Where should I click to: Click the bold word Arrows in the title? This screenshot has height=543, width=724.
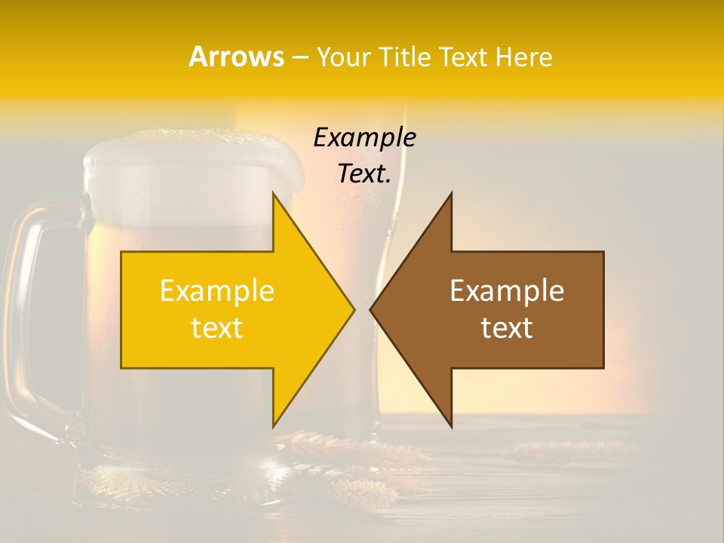pyautogui.click(x=236, y=57)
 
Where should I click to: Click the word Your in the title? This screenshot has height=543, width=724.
pyautogui.click(x=344, y=57)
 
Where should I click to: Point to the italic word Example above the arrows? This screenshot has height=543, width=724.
pyautogui.click(x=364, y=137)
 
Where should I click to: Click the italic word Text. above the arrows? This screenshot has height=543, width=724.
pyautogui.click(x=364, y=173)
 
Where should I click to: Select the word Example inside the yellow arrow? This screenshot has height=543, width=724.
pyautogui.click(x=217, y=291)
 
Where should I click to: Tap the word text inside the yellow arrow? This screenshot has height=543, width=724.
pyautogui.click(x=217, y=328)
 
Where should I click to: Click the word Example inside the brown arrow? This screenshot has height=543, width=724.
pyautogui.click(x=507, y=291)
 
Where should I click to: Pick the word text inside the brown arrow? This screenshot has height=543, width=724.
pyautogui.click(x=507, y=328)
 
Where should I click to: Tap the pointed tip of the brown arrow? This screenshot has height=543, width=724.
pyautogui.click(x=371, y=309)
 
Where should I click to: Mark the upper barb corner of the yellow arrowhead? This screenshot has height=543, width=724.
pyautogui.click(x=273, y=194)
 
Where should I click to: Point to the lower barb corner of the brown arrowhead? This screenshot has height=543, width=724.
pyautogui.click(x=451, y=426)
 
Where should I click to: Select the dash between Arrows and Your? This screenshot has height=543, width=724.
pyautogui.click(x=299, y=57)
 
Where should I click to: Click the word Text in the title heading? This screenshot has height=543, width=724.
pyautogui.click(x=461, y=57)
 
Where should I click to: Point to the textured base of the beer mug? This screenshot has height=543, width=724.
pyautogui.click(x=151, y=483)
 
